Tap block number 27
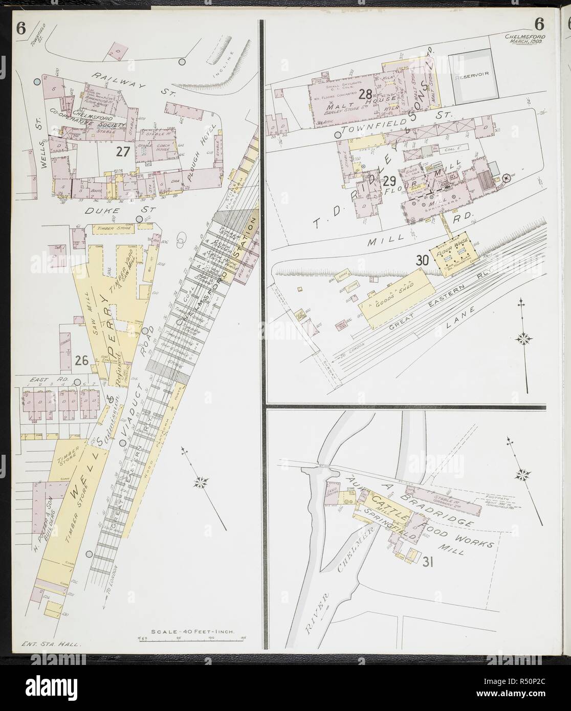[x=122, y=151]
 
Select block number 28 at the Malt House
[x=365, y=94]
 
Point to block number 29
[x=389, y=181]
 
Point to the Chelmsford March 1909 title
[x=524, y=39]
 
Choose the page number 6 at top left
[x=20, y=29]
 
